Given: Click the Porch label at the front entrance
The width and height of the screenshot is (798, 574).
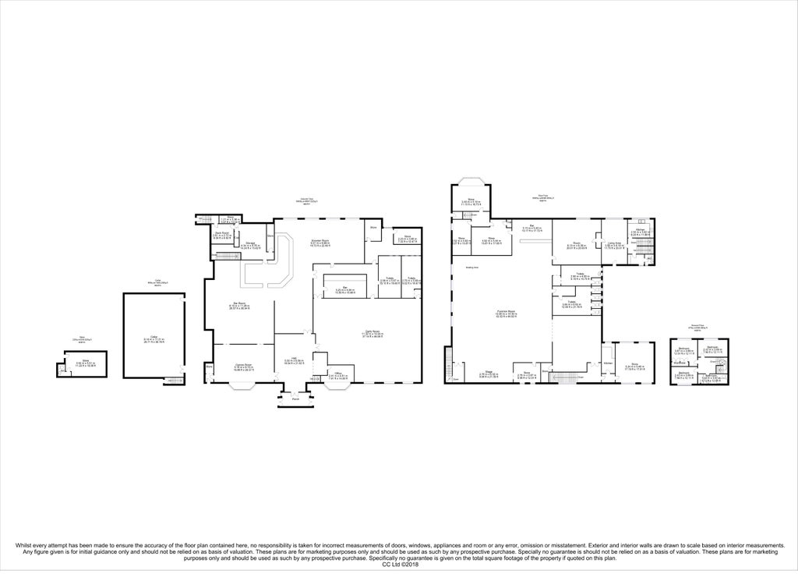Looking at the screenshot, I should [x=294, y=402].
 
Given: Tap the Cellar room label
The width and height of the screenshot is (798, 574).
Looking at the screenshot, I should [x=154, y=338].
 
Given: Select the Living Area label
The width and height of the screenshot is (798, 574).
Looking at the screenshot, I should [x=615, y=243].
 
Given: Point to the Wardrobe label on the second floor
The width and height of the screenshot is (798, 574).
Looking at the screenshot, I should [x=680, y=362].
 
